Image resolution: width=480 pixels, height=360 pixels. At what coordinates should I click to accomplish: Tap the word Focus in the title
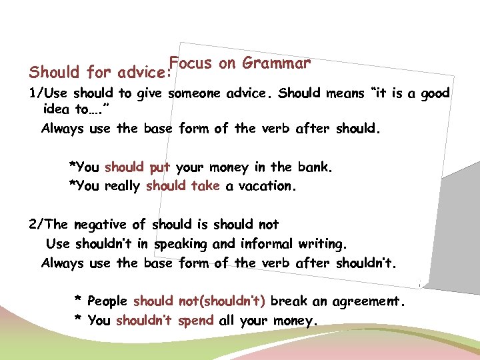click(190, 63)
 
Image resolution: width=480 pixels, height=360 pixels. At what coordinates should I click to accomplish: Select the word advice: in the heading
click(144, 72)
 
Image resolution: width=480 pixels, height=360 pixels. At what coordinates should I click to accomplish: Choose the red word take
click(205, 187)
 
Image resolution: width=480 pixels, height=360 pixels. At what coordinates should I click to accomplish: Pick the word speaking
click(183, 244)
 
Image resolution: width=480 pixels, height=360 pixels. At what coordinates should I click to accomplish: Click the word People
click(108, 301)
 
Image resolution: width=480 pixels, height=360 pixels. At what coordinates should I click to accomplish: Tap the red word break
click(289, 301)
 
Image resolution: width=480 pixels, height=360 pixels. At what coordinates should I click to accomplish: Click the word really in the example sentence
click(122, 187)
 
